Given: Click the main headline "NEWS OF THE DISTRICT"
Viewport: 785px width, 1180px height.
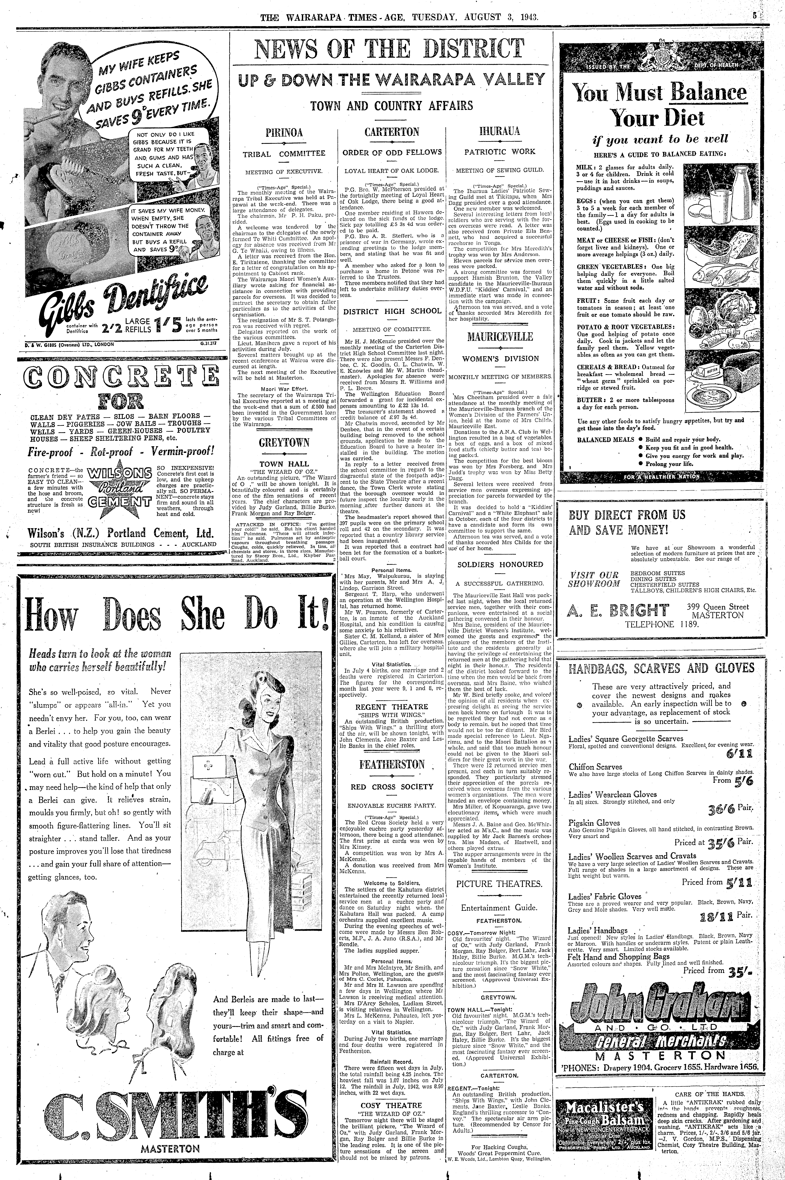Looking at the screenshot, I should [390, 49].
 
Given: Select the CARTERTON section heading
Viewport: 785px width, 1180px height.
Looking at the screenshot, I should [392, 132].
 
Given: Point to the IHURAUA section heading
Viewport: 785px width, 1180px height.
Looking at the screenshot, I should [500, 132].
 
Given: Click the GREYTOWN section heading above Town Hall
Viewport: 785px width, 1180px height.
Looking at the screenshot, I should [284, 442].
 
